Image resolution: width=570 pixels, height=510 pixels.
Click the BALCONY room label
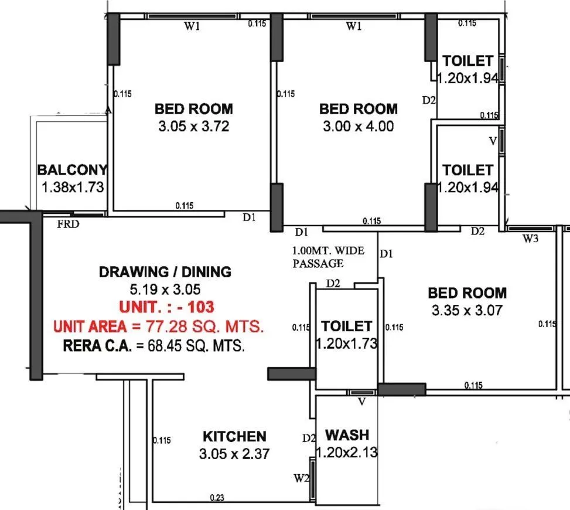coord(72,170)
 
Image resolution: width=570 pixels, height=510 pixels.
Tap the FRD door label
coord(69,223)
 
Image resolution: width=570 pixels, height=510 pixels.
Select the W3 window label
coord(530,239)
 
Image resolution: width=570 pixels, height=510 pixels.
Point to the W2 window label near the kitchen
coord(302,478)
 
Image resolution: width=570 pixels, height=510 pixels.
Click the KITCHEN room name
coord(234,436)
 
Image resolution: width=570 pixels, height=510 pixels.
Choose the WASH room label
coord(347,435)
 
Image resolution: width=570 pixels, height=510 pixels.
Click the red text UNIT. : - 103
coord(166,307)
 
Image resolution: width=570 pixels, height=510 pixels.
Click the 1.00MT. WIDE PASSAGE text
coord(328,257)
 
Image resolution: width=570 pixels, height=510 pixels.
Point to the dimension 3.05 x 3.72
coord(193,126)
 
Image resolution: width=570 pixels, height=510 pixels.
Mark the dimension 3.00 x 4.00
coord(358,126)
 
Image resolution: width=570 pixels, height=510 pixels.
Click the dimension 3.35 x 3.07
coord(467,311)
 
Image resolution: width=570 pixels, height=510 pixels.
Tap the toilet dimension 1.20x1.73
coord(347,344)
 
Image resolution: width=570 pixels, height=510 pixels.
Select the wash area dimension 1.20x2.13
coord(347,453)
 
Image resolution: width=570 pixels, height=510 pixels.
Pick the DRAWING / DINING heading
coord(165,271)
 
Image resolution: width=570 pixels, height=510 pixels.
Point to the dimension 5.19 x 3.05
coord(165,289)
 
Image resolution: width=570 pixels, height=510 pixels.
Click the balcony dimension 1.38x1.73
coord(72,188)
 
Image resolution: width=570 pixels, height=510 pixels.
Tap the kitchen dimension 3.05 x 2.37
coord(234,454)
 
